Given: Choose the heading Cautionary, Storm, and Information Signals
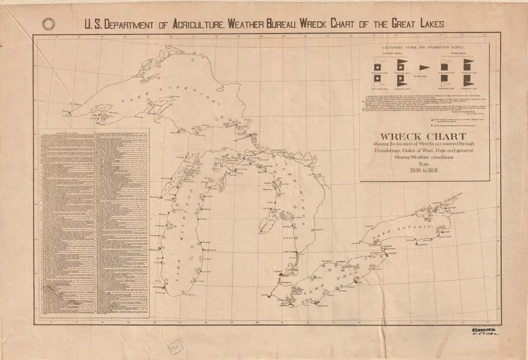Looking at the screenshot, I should [423, 48].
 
